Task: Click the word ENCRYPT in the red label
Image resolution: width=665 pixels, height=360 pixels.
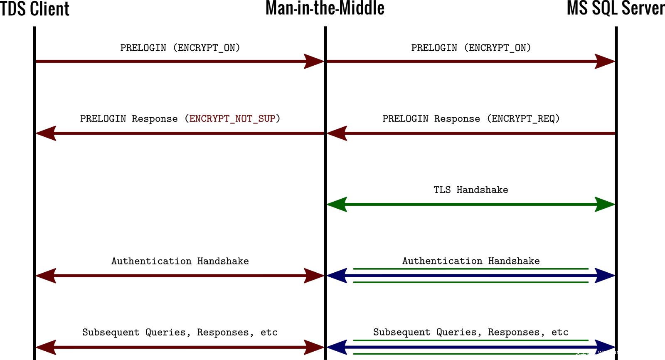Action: [209, 119]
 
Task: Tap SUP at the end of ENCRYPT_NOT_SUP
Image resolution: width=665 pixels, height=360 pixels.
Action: [267, 119]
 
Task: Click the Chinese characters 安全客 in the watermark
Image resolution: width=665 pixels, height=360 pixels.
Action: [584, 352]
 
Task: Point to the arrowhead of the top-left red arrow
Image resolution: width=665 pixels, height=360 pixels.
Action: [314, 62]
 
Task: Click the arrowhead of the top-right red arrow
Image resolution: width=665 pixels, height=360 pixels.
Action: [604, 62]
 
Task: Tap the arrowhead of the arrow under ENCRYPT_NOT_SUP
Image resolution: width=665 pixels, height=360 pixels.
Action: [46, 133]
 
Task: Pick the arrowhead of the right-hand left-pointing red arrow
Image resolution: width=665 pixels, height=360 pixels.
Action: [337, 133]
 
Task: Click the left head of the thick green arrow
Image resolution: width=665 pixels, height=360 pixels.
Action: [337, 205]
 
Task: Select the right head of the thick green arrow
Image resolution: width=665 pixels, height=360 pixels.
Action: [604, 205]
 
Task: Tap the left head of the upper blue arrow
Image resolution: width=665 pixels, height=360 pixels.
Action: [337, 276]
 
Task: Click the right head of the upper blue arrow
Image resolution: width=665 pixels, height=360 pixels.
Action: [604, 276]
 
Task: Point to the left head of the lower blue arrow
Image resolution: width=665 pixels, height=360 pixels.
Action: [337, 347]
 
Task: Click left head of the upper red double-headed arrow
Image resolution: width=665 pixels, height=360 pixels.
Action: [46, 276]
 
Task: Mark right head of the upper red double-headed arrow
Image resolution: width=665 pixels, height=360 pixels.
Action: [314, 276]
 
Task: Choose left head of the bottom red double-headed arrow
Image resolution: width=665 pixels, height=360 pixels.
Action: [46, 347]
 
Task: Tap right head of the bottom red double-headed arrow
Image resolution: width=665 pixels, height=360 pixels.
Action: [314, 347]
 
